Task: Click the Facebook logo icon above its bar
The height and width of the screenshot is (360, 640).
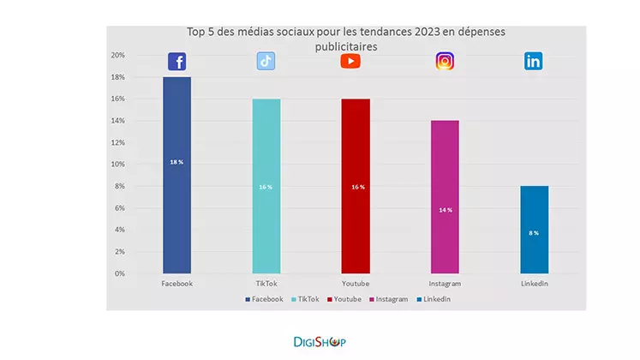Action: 176,62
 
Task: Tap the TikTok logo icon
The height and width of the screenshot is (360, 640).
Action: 266,61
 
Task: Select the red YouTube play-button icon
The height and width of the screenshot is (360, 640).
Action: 350,61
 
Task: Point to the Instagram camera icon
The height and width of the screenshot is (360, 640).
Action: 445,61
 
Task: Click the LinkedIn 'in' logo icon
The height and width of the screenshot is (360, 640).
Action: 534,61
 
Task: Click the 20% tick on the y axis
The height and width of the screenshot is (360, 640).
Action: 117,56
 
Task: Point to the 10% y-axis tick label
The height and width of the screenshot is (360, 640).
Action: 117,165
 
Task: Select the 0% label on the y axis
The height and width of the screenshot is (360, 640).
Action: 120,273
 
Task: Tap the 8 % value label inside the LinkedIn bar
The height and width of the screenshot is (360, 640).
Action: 533,232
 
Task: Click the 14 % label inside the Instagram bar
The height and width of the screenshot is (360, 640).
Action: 445,210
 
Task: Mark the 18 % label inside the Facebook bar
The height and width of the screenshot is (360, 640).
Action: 176,162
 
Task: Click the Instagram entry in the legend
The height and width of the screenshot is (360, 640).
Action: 388,299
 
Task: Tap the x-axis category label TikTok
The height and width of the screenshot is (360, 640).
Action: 266,284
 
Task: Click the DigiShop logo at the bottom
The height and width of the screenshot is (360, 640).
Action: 314,342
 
